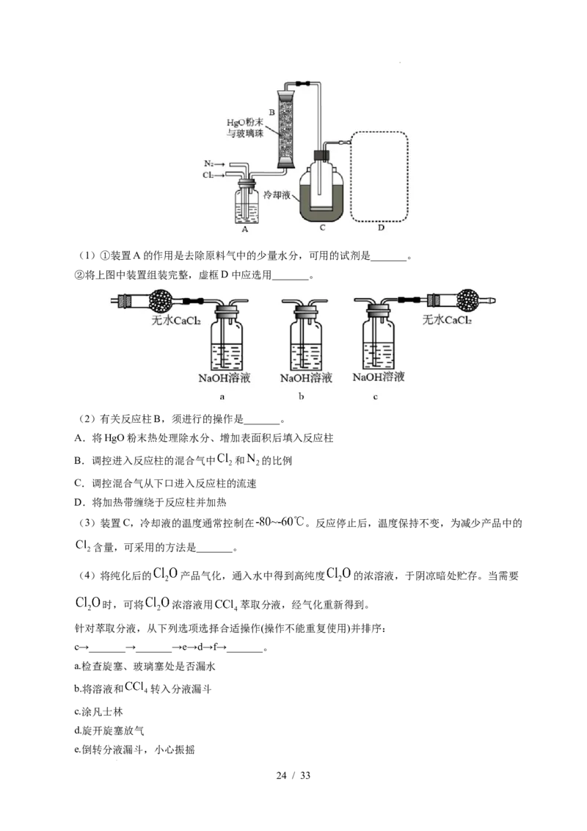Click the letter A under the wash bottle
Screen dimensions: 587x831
pos(244,230)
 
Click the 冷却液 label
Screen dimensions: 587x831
pos(277,195)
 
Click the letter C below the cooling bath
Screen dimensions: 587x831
pos(322,228)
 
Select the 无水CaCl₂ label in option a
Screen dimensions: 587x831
pos(176,320)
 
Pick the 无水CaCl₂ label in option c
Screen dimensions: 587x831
pos(447,319)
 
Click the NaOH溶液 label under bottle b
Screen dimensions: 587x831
pos(306,378)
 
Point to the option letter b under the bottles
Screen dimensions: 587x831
pos(301,396)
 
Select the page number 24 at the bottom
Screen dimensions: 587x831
pos(281,775)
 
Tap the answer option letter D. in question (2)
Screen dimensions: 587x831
pos(80,502)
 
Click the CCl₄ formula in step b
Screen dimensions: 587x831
pos(136,688)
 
